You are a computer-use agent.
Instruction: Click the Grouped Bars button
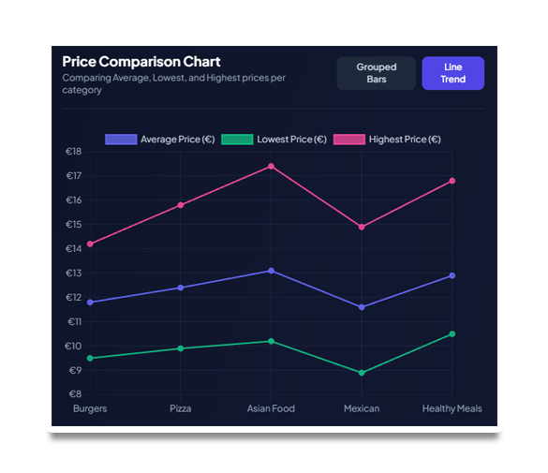coord(376,73)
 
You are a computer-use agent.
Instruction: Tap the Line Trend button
coord(453,73)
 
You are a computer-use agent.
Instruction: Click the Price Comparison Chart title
coord(141,62)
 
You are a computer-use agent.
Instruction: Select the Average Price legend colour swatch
coord(121,140)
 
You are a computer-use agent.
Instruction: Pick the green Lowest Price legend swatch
coord(237,140)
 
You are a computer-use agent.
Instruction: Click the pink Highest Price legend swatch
coord(349,140)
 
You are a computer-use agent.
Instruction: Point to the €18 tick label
coord(74,151)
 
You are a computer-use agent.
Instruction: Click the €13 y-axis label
coord(74,273)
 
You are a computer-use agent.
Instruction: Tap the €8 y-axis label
coord(75,394)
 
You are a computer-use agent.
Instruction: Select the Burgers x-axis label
coord(90,408)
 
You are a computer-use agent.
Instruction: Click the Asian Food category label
coord(271,408)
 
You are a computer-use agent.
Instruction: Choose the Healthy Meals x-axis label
coord(452,408)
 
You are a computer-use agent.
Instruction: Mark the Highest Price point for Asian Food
coord(271,167)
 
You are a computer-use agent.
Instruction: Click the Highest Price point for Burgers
coord(90,244)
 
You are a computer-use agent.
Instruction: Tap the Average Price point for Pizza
coord(181,288)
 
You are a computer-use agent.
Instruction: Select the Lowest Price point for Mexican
coord(362,373)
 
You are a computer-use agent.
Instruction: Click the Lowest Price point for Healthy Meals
coord(452,334)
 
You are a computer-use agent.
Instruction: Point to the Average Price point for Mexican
coord(362,307)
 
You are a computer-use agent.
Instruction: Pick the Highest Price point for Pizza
coord(181,205)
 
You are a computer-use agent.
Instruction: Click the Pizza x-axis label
coord(181,408)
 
